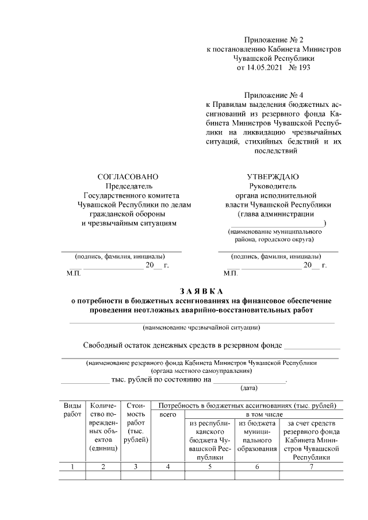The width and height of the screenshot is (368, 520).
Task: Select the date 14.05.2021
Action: (257, 68)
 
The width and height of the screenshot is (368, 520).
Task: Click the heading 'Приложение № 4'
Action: (274, 95)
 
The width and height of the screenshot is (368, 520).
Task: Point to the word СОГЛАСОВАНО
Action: (128, 176)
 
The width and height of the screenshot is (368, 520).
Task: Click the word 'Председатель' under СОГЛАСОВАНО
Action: (128, 186)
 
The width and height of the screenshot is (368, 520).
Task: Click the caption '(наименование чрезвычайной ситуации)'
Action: (201, 328)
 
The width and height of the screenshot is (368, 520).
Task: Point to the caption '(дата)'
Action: (249, 388)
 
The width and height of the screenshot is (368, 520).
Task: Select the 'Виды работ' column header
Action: (72, 410)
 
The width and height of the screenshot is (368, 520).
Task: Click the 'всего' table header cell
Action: (167, 414)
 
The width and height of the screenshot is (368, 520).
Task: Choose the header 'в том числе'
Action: (263, 414)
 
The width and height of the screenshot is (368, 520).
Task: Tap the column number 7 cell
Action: (311, 467)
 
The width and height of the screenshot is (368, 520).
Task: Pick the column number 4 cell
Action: (167, 467)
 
